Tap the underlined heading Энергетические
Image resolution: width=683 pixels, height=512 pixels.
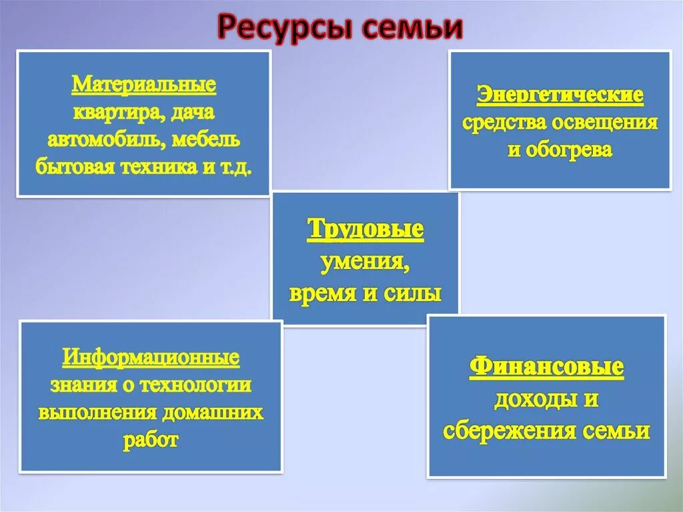point(560,95)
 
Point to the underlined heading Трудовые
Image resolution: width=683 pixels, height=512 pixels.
point(366,230)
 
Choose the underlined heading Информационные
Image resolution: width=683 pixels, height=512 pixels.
point(151,357)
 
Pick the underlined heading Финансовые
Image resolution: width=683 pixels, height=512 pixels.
point(547,368)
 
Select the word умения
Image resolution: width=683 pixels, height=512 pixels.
point(366,262)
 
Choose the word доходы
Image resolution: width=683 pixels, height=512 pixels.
point(536,400)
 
